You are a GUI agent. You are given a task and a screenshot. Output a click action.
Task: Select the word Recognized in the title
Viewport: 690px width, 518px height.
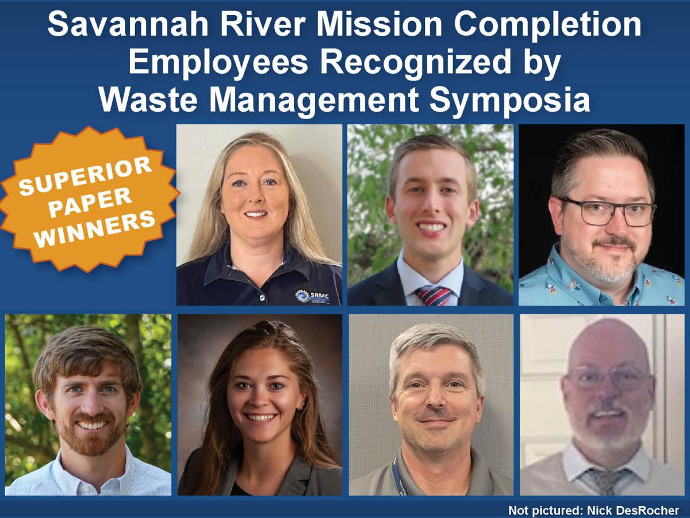[415, 62]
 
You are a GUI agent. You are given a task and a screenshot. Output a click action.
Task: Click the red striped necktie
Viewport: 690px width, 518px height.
[433, 295]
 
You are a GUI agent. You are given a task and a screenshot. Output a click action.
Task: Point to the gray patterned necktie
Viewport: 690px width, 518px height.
[602, 481]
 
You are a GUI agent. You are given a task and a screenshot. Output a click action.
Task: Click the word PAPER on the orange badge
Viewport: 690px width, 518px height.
[90, 202]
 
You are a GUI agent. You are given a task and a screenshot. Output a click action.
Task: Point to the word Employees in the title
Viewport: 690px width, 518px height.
[218, 62]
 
